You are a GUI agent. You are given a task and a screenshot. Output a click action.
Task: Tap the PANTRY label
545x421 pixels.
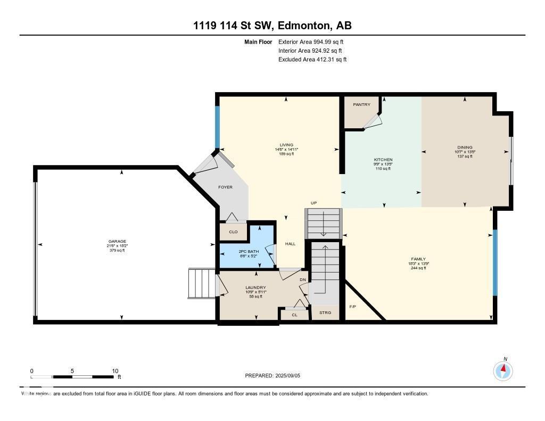click(361, 104)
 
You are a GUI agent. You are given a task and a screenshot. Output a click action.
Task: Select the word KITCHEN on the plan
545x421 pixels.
click(383, 160)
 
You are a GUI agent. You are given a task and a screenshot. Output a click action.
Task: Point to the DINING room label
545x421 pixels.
click(465, 147)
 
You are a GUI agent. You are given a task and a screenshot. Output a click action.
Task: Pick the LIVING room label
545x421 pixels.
click(286, 145)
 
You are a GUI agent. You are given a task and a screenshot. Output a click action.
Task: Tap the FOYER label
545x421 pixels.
click(225, 187)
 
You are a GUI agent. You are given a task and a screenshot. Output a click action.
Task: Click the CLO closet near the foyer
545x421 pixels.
click(233, 232)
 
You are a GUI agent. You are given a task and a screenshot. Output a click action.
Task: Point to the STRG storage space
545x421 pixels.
click(325, 312)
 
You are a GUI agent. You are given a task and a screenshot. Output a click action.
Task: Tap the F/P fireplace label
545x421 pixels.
click(352, 307)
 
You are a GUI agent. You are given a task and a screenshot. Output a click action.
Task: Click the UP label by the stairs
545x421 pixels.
click(315, 203)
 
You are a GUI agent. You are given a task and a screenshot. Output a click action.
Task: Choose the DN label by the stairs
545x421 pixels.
click(303, 279)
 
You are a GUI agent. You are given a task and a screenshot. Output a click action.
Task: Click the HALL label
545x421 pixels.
click(290, 244)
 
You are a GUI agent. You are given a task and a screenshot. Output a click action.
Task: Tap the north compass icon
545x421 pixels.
click(503, 370)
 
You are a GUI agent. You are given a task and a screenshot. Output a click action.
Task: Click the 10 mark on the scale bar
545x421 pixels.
click(115, 371)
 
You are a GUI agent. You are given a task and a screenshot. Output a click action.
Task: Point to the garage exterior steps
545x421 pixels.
click(201, 284)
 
